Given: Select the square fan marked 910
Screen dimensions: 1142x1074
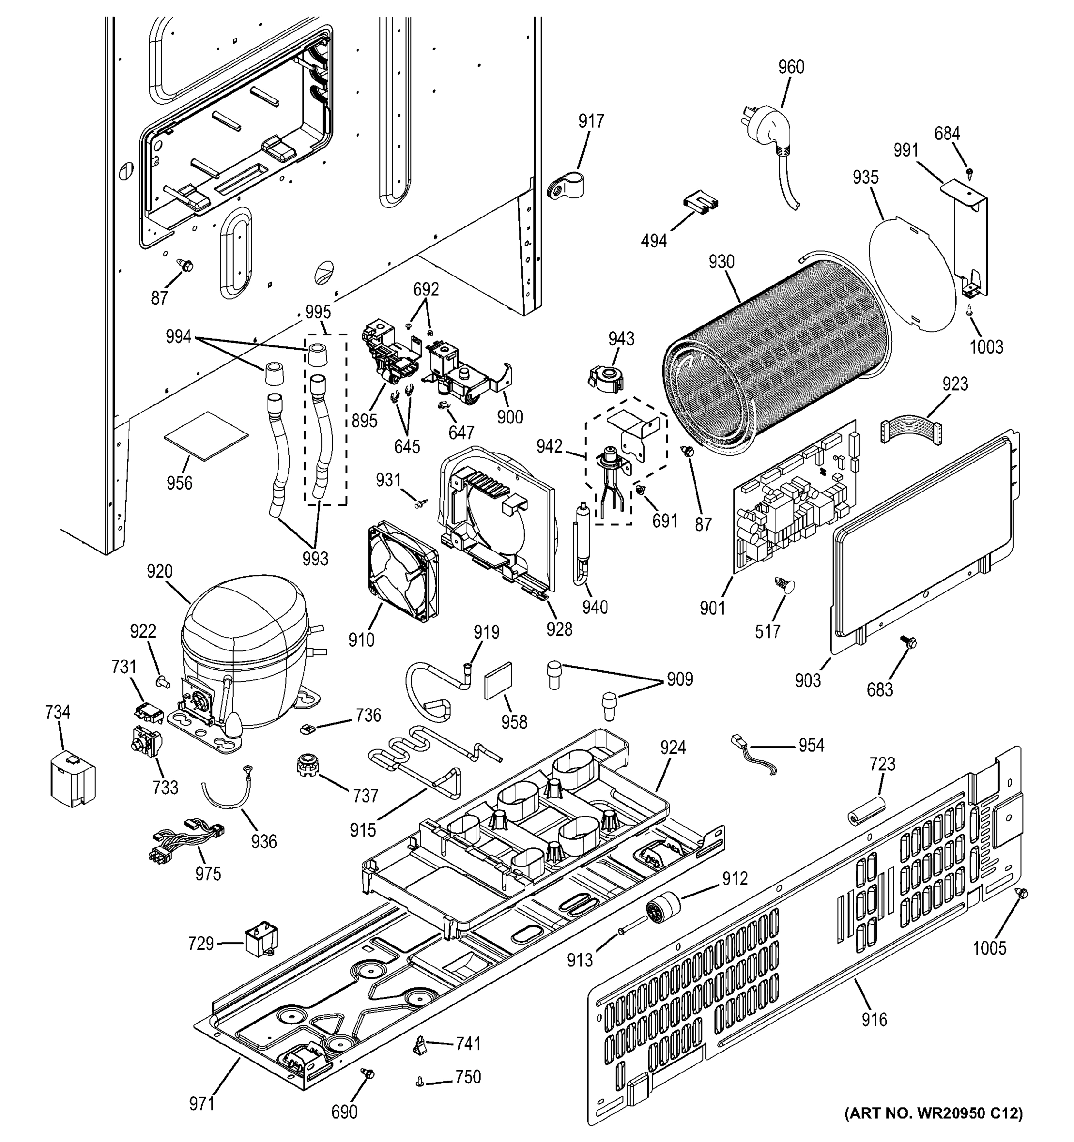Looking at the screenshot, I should point(402,571).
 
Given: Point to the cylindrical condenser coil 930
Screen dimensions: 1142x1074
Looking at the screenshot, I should point(776,356).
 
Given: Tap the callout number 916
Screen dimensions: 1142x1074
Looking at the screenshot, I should point(874,1019).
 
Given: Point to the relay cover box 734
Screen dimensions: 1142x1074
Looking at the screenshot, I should point(73,778).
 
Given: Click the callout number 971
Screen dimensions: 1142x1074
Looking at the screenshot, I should point(202,1103).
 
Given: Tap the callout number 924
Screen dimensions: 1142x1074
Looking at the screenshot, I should point(672,748).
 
